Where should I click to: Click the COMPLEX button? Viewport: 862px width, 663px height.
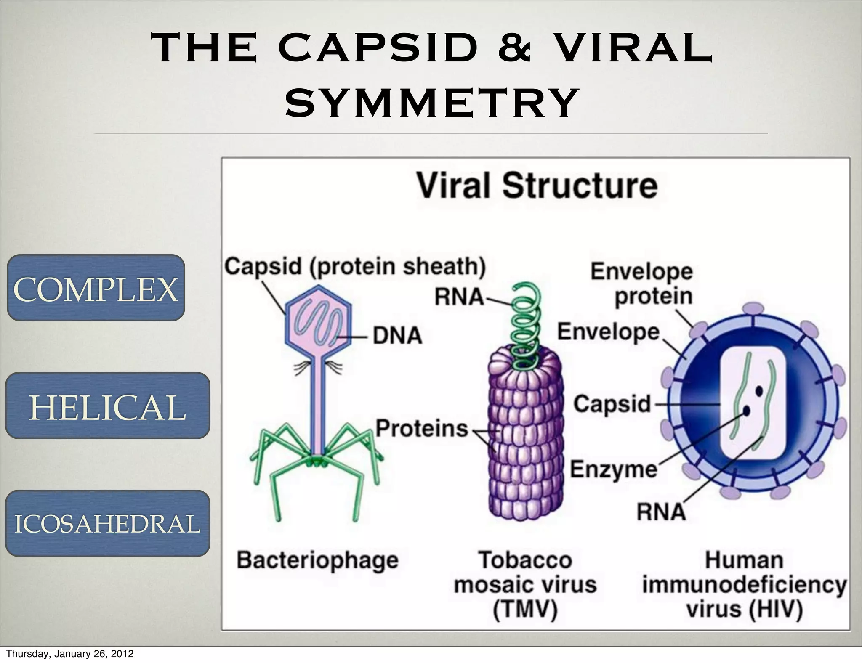pyautogui.click(x=96, y=288)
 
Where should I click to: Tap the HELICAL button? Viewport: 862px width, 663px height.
pyautogui.click(x=108, y=406)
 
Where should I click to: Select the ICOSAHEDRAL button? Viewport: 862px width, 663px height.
pyautogui.click(x=108, y=524)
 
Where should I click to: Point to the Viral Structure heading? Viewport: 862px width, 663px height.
pyautogui.click(x=537, y=186)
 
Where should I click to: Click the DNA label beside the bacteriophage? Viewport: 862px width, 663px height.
pyautogui.click(x=397, y=336)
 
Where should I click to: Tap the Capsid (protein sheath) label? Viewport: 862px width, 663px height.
pyautogui.click(x=355, y=266)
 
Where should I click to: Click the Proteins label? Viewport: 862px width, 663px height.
pyautogui.click(x=421, y=429)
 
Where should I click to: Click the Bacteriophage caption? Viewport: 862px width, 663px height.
pyautogui.click(x=317, y=560)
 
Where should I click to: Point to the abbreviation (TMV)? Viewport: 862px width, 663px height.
pyautogui.click(x=525, y=609)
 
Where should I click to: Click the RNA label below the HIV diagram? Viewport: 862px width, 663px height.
pyautogui.click(x=661, y=512)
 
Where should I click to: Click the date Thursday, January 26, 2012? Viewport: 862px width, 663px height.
pyautogui.click(x=70, y=654)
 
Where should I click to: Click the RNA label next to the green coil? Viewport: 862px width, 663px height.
pyautogui.click(x=459, y=297)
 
